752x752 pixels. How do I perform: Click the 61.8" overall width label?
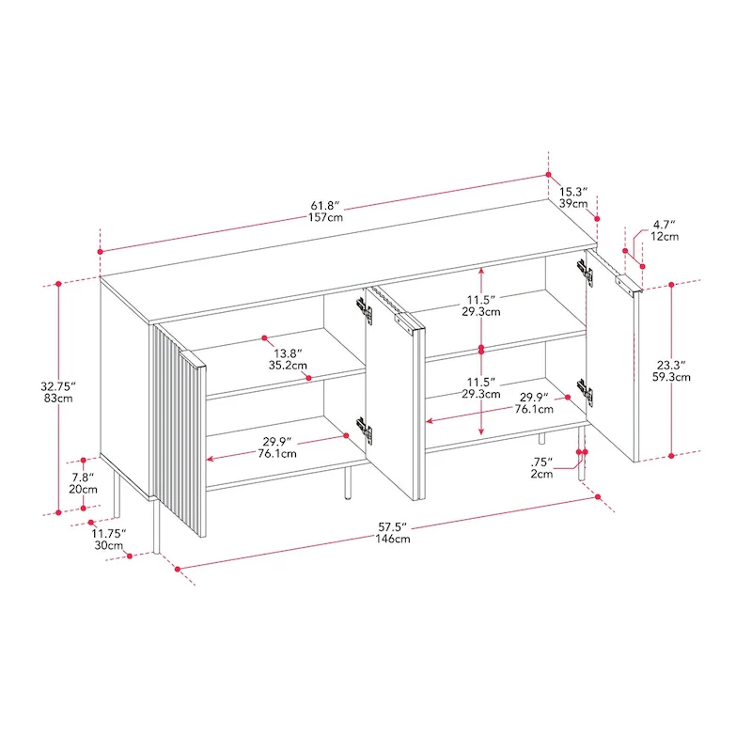325,206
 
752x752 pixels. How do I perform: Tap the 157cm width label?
325,217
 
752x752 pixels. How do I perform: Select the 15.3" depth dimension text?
573,192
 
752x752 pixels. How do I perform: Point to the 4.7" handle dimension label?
665,225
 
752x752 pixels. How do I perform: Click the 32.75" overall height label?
58,386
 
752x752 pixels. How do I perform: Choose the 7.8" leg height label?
83,478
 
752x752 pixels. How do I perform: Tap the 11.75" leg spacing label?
109,533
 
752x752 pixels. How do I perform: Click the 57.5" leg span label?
392,527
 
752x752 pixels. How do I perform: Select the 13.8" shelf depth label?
288,353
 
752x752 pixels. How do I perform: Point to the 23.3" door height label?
671,366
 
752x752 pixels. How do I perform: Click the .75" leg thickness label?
541,462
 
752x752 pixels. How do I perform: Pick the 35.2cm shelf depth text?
288,366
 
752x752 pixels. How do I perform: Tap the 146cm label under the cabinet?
392,539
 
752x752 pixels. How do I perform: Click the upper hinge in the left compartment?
365,310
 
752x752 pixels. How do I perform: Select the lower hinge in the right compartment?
585,393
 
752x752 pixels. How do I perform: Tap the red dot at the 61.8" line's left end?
101,252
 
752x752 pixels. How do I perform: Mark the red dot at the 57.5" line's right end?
598,497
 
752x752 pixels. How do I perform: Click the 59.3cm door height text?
671,377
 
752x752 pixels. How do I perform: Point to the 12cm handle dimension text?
665,237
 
